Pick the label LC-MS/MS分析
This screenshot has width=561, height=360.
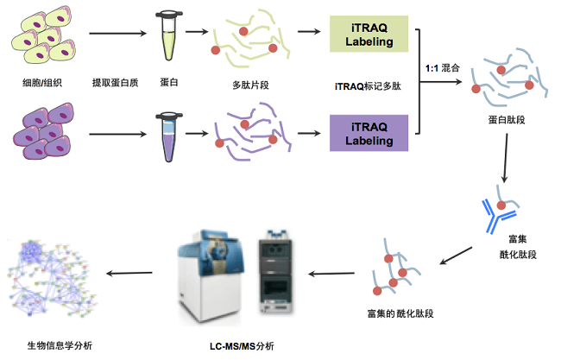coord(242,345)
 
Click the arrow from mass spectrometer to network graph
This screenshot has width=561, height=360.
coord(129,274)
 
